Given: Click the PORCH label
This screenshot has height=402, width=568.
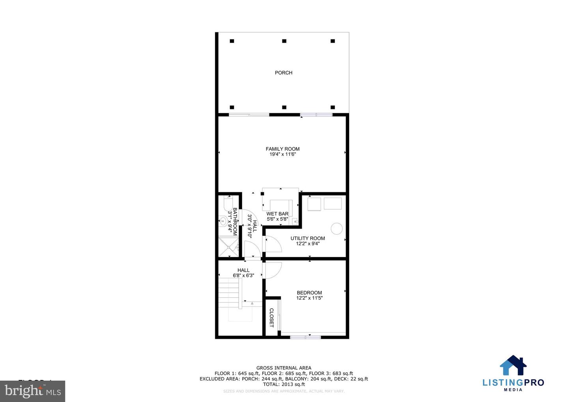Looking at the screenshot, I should (x=284, y=73).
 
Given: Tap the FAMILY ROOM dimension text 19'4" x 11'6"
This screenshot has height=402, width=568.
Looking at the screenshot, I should (x=282, y=154).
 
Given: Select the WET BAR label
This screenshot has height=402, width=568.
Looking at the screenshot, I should (x=277, y=214).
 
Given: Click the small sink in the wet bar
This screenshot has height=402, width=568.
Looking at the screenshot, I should (x=295, y=222).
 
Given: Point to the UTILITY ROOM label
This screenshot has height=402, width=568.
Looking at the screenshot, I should (x=308, y=238).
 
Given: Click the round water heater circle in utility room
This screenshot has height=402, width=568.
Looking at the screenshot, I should (x=336, y=229).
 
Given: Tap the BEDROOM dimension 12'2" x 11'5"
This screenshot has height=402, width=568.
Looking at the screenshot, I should (x=309, y=298).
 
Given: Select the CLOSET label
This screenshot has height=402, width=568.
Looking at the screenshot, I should (x=271, y=318).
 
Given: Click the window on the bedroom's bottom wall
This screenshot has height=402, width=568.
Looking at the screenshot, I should (x=305, y=337).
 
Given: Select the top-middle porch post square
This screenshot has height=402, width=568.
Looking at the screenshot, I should (x=284, y=41).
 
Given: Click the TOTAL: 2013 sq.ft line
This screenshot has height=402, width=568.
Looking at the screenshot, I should (x=284, y=384).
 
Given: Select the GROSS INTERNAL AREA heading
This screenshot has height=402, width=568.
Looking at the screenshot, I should (x=284, y=368).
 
